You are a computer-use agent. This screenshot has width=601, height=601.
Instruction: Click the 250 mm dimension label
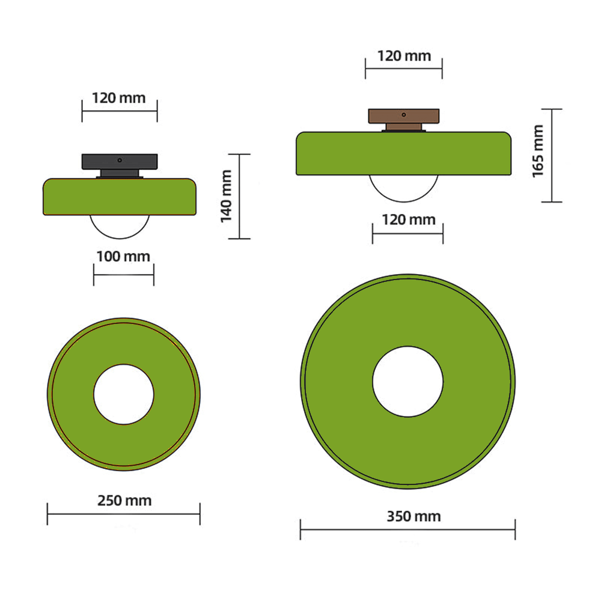coord(124,500)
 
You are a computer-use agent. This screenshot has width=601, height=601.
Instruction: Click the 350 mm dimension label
coord(413,516)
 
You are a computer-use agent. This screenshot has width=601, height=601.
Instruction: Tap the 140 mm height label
coord(227,196)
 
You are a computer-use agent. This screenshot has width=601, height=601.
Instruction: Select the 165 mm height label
coord(538,151)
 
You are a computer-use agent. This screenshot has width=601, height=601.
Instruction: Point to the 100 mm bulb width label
coord(123,257)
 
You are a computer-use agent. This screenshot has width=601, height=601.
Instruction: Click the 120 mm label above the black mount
coord(118,97)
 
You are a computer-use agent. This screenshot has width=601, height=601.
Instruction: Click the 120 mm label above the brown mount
coord(404,56)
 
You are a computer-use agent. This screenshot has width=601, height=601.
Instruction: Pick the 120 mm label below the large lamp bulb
coord(408,220)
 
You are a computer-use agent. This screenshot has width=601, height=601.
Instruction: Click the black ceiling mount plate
coord(120,161)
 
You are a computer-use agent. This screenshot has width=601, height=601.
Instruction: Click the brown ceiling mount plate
coord(404,115)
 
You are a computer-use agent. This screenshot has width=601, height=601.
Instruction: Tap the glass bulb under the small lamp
coord(120,224)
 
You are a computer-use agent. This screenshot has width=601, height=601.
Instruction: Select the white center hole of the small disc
coord(124,394)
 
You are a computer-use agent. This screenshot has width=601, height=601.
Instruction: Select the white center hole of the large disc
coord(407,382)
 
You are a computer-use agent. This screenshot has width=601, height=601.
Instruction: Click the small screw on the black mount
coord(120,160)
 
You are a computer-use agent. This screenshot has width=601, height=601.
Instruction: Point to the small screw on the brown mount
coord(404,114)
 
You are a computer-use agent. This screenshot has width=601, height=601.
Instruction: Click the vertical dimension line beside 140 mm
coord(240,196)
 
